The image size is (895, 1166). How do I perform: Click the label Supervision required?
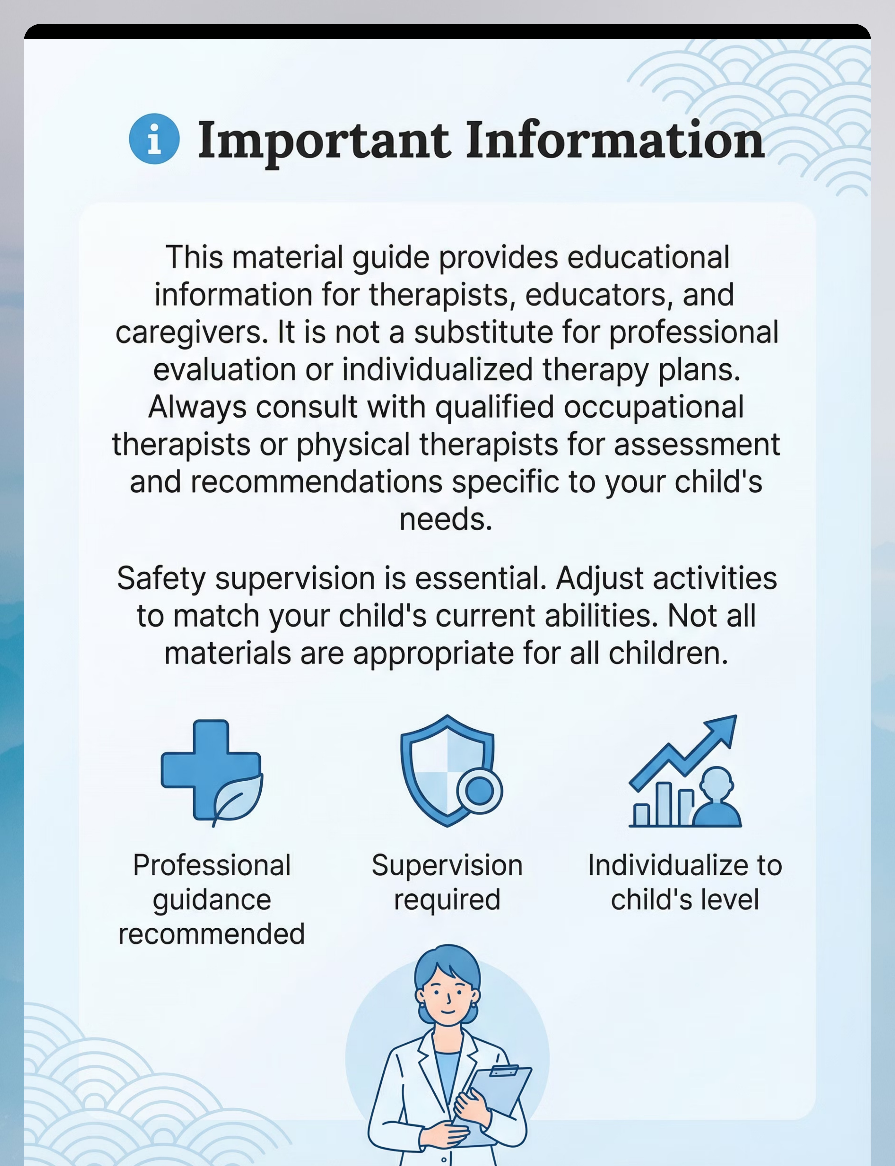(447, 882)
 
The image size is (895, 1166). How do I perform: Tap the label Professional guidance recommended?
(211, 899)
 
